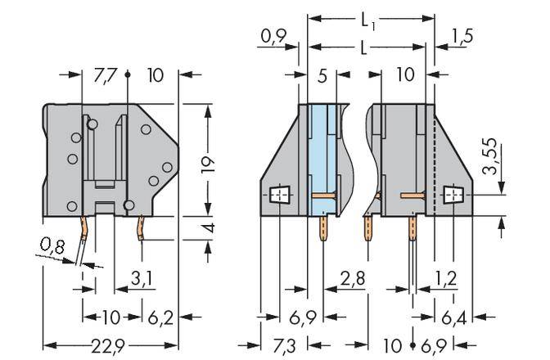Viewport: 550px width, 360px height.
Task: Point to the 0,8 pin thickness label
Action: [52, 244]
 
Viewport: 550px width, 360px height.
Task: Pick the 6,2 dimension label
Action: [161, 315]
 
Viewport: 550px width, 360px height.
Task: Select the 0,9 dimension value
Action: [273, 36]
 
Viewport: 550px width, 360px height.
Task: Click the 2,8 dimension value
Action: [354, 281]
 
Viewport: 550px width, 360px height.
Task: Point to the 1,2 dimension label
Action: [445, 281]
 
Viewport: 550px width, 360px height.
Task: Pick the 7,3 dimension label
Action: [282, 345]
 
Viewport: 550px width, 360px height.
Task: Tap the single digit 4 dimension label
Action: [210, 227]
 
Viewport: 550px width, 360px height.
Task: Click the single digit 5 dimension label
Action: [322, 75]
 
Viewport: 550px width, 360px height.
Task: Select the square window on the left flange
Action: [280, 196]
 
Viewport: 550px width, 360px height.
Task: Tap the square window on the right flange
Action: [452, 196]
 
